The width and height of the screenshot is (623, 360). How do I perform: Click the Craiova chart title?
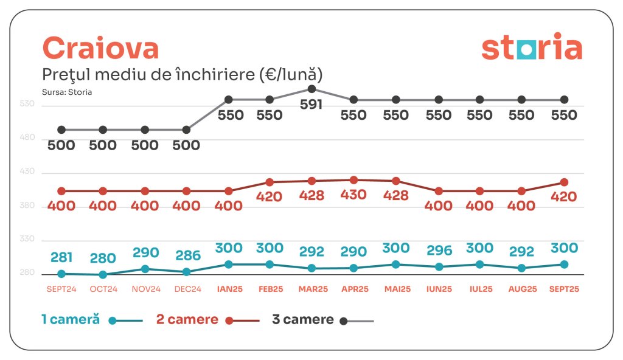tap(100, 48)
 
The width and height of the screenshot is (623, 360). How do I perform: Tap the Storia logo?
tap(532, 49)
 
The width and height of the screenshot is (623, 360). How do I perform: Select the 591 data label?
tap(311, 105)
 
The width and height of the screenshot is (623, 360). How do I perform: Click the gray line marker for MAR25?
tap(311, 89)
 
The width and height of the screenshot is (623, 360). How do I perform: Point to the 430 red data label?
tap(353, 195)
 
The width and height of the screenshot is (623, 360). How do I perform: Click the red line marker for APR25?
tap(353, 180)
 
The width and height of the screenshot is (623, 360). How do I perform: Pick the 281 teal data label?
tap(61, 258)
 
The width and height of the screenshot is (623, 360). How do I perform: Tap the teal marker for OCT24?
tap(103, 275)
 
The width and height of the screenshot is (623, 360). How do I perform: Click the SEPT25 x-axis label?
tap(564, 289)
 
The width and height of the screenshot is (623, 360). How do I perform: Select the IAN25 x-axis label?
tap(228, 289)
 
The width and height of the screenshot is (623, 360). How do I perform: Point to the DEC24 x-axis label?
tap(187, 289)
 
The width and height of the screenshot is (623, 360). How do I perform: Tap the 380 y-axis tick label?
tap(29, 206)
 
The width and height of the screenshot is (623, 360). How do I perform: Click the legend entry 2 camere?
tap(187, 320)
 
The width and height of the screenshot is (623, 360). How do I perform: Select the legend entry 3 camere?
tap(303, 320)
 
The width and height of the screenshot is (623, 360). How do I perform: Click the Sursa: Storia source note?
tap(67, 92)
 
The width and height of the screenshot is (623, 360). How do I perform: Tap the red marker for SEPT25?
tap(564, 182)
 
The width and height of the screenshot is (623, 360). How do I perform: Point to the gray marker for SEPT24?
tap(61, 130)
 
